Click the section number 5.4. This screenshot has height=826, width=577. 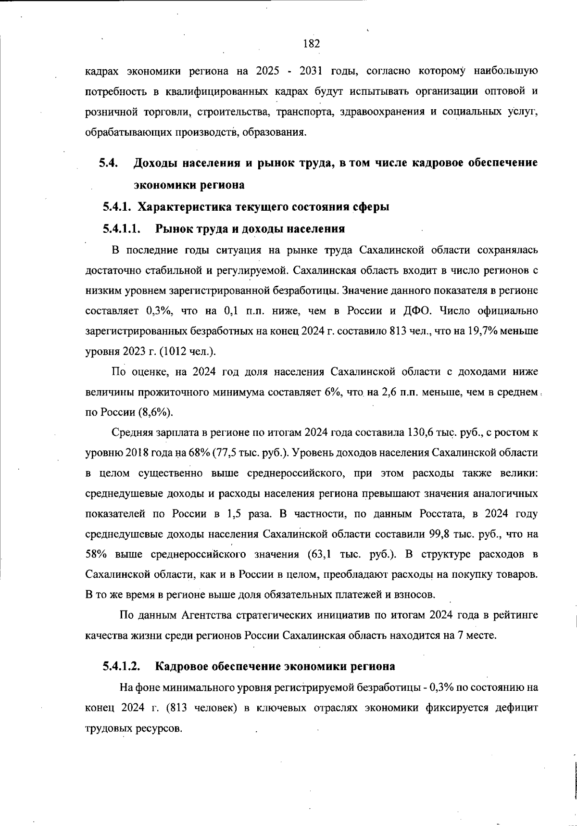[108, 163]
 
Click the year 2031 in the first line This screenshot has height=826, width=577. [314, 72]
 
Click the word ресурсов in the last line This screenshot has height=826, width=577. [163, 728]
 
